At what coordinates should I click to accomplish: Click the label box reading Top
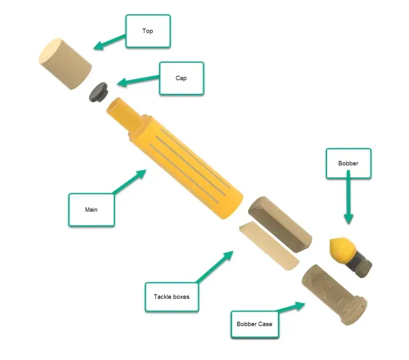click(x=148, y=31)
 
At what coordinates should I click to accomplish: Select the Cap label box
click(x=181, y=78)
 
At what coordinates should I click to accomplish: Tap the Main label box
click(x=91, y=210)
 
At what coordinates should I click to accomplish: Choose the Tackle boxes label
click(x=172, y=297)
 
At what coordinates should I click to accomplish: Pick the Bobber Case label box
click(x=254, y=324)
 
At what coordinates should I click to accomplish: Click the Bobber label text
click(x=348, y=163)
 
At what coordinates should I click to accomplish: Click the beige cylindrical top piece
click(x=65, y=64)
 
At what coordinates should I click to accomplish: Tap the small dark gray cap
click(x=98, y=92)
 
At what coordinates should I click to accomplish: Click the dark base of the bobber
click(x=359, y=265)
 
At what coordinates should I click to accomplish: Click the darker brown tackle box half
click(x=280, y=224)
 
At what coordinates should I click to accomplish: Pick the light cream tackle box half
click(x=269, y=246)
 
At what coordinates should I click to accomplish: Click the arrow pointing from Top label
click(x=109, y=42)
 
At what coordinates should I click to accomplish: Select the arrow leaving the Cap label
click(x=138, y=80)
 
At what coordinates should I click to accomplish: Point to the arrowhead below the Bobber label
click(x=348, y=219)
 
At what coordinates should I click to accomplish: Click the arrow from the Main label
click(x=130, y=181)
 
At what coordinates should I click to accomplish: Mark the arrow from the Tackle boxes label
click(x=215, y=267)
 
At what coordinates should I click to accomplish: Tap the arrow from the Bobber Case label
click(x=291, y=307)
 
